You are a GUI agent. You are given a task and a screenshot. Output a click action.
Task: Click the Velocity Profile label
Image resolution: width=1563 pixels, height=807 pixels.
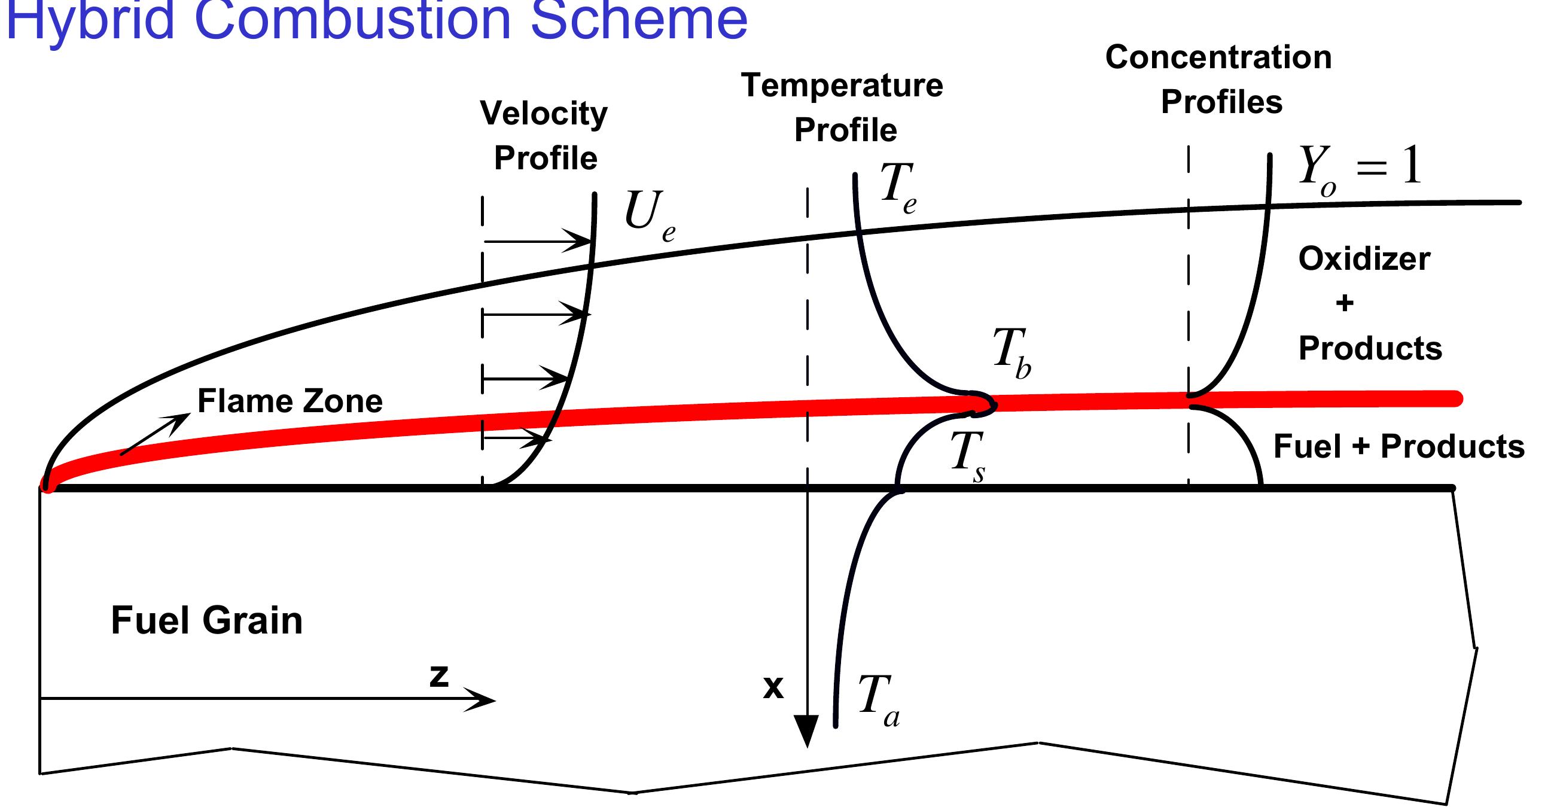point(544,135)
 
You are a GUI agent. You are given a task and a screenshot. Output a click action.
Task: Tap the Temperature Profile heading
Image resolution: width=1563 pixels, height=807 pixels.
point(843,108)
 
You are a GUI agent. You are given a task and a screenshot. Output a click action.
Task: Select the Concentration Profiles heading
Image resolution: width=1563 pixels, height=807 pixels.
point(1219,79)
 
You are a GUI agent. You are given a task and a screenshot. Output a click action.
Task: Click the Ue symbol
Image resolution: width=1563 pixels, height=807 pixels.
point(648,216)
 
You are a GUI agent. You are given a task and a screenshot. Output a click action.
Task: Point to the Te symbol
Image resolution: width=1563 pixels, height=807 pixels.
point(897,188)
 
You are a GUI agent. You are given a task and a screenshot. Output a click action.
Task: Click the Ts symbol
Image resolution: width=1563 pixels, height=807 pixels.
point(967,456)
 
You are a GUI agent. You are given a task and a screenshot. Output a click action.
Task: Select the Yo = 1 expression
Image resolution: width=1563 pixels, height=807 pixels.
point(1359,170)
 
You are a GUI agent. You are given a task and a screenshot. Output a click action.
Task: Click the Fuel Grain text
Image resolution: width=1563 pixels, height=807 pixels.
point(206,620)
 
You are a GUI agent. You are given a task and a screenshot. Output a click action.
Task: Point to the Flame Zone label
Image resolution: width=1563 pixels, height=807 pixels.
point(290,401)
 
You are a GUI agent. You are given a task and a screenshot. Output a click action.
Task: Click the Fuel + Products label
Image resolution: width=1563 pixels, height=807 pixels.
point(1399,447)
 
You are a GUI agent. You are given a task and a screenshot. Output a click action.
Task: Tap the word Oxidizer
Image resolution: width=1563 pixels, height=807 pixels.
point(1364,259)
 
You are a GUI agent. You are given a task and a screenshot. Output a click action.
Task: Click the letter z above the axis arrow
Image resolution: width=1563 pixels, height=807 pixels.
point(438,675)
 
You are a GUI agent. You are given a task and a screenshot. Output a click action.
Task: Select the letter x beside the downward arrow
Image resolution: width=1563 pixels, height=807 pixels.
point(773,687)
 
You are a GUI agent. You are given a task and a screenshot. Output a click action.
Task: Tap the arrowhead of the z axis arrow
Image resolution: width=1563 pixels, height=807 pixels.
point(482,699)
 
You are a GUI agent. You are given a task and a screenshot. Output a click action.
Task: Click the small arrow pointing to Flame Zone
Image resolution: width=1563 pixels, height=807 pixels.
point(156,434)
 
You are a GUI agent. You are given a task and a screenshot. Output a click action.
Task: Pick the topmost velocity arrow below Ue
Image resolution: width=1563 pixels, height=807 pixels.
point(537,242)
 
